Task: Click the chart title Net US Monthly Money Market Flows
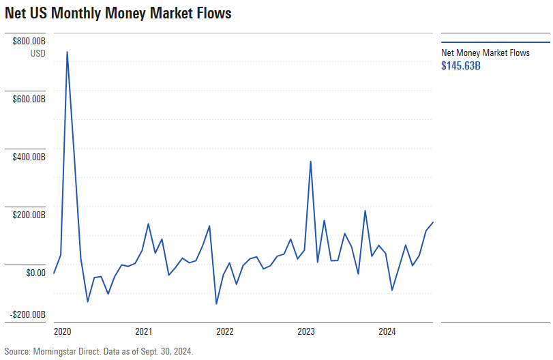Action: click(x=118, y=13)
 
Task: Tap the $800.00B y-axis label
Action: click(x=29, y=42)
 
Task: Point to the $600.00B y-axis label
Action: click(x=29, y=100)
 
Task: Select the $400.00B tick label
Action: click(x=29, y=157)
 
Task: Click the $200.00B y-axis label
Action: click(x=29, y=215)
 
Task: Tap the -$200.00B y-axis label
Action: click(x=28, y=314)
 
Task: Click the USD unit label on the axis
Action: click(x=38, y=54)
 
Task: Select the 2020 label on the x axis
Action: click(x=62, y=332)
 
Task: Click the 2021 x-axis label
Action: click(x=143, y=332)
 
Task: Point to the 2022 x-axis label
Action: click(x=225, y=332)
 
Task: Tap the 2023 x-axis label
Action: click(x=306, y=332)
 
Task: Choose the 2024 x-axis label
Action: click(x=387, y=332)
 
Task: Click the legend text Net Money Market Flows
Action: click(x=485, y=52)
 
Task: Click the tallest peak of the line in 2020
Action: click(x=67, y=51)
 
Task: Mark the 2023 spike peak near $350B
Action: click(x=311, y=162)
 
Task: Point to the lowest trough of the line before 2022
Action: click(x=216, y=304)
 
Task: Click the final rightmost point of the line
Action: click(x=433, y=222)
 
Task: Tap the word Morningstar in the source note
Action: click(x=57, y=352)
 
